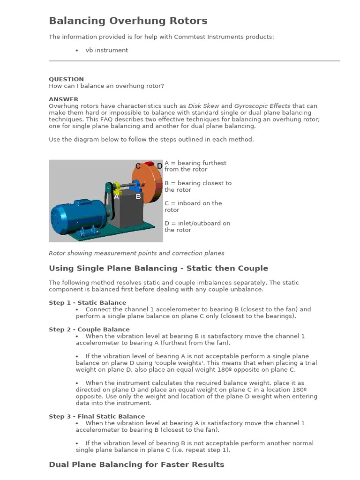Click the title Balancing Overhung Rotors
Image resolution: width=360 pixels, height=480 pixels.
tap(128, 21)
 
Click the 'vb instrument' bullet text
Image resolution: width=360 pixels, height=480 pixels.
tap(106, 50)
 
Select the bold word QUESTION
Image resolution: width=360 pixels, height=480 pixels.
tap(66, 79)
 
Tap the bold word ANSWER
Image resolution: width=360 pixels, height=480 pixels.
tap(64, 99)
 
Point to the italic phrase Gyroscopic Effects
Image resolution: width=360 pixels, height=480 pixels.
tap(262, 106)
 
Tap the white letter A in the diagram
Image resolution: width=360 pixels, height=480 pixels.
tap(117, 197)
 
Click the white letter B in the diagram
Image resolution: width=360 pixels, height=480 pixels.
tap(138, 197)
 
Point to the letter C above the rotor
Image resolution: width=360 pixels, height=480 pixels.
tap(138, 166)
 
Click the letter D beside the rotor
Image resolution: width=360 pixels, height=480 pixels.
tap(159, 166)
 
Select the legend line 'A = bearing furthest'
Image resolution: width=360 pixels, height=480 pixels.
tap(195, 163)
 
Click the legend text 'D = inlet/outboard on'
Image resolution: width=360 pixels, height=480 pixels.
tap(197, 223)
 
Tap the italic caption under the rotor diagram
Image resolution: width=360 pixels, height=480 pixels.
tap(136, 253)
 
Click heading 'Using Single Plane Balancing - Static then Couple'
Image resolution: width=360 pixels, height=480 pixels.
tap(158, 269)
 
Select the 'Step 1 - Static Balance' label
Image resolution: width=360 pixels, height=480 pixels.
tap(87, 303)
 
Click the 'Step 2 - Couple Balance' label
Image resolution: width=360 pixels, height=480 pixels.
tap(89, 330)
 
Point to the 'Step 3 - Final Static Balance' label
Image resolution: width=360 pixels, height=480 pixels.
tap(97, 416)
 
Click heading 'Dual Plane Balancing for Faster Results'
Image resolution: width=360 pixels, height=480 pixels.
tap(136, 465)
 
